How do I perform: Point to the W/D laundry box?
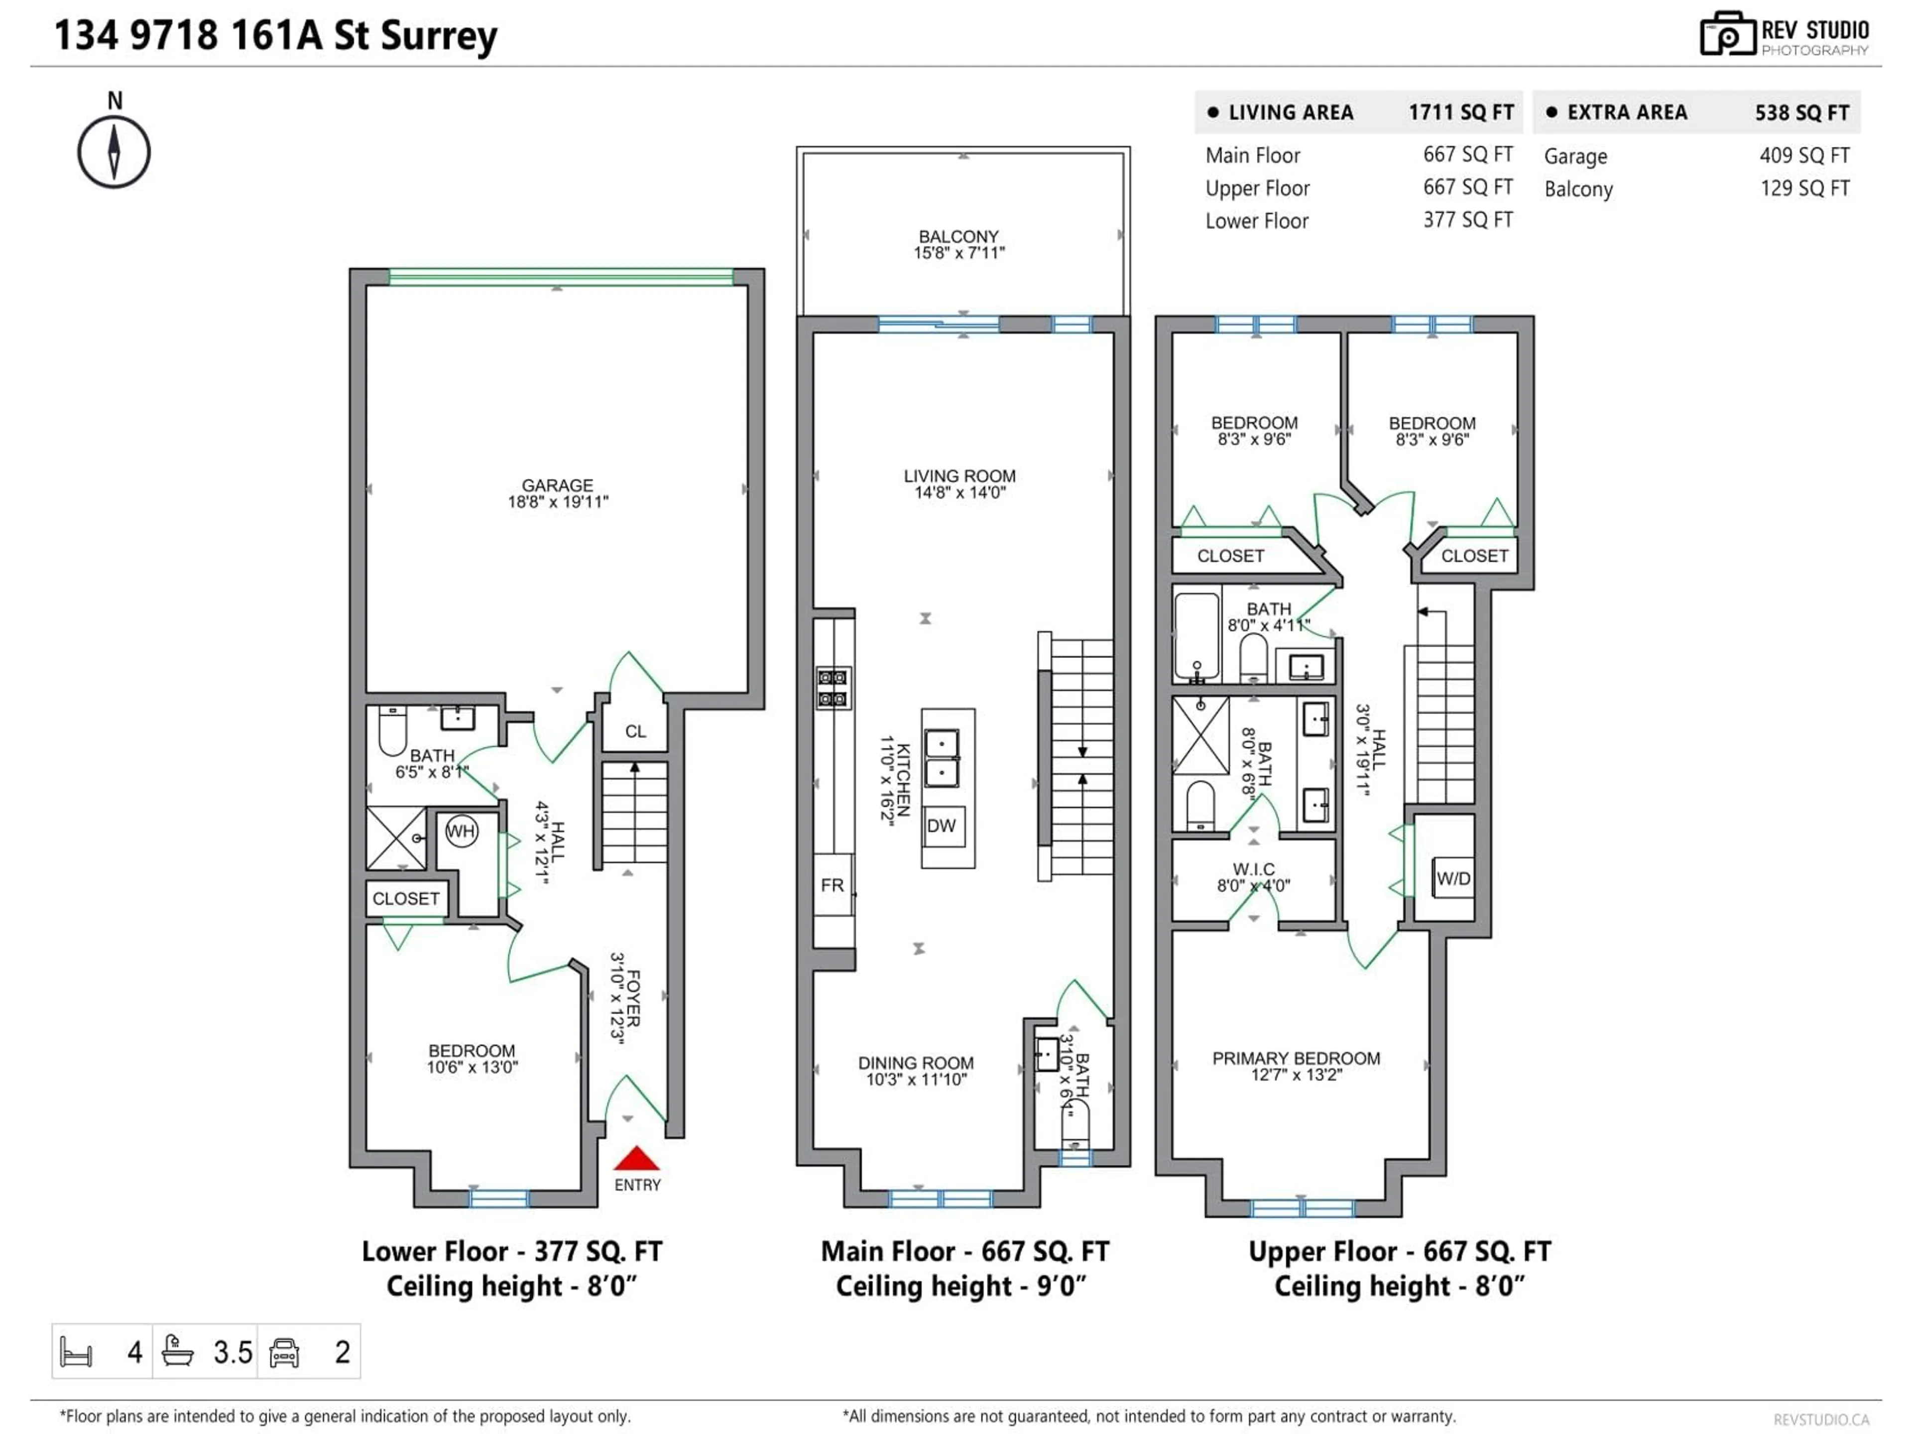click(x=1453, y=878)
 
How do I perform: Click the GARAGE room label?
click(x=558, y=486)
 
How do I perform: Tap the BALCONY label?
click(x=958, y=237)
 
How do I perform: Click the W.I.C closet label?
click(x=1253, y=869)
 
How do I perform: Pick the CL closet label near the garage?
click(x=635, y=731)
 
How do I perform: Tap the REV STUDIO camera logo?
click(x=1726, y=34)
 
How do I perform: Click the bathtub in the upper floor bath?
click(x=1196, y=635)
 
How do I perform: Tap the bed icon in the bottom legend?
click(x=76, y=1352)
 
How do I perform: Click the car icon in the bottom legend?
click(x=284, y=1352)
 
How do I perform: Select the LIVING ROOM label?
click(x=959, y=477)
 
